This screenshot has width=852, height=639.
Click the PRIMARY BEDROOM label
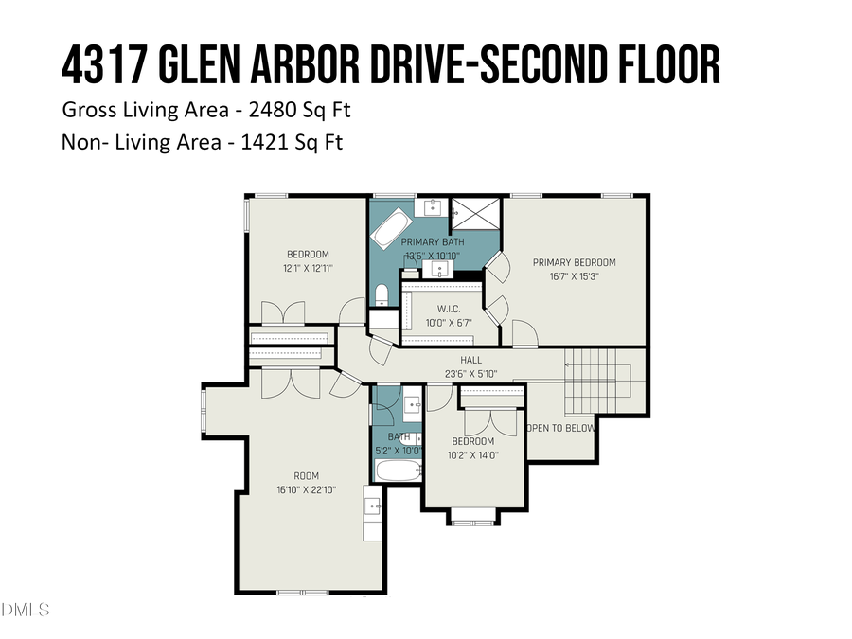pyautogui.click(x=574, y=262)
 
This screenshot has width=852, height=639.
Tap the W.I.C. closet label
pyautogui.click(x=448, y=308)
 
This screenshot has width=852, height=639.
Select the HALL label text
pyautogui.click(x=470, y=360)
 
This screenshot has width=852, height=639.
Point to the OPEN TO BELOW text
pyautogui.click(x=560, y=428)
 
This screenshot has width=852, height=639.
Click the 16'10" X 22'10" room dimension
pyautogui.click(x=306, y=489)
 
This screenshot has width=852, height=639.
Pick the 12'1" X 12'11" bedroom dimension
pyautogui.click(x=308, y=268)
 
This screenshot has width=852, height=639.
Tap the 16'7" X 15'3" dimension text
pyautogui.click(x=574, y=276)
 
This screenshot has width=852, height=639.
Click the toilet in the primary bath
pyautogui.click(x=381, y=293)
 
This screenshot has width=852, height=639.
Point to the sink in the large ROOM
pyautogui.click(x=373, y=504)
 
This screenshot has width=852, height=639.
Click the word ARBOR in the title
pyautogui.click(x=341, y=64)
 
